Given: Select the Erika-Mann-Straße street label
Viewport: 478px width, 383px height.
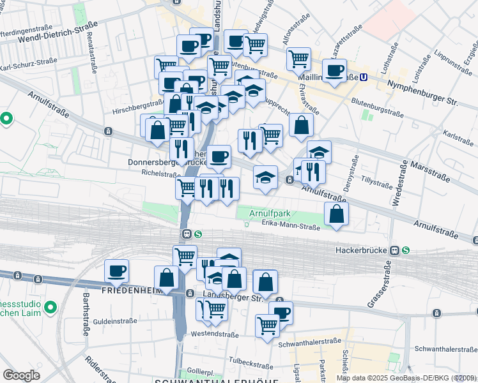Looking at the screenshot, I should (291, 223).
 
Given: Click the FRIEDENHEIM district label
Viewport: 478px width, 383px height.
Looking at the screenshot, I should (132, 290).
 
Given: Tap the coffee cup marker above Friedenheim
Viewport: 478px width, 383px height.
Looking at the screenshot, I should (116, 271).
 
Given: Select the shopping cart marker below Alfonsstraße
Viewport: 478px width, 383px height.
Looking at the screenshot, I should (298, 59).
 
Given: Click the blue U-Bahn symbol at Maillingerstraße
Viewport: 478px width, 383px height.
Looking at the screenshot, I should (364, 77).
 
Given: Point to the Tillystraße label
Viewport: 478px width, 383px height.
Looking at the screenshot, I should (376, 183).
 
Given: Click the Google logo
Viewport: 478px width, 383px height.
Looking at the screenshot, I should (21, 375).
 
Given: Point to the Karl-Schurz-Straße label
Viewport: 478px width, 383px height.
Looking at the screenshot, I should (28, 66).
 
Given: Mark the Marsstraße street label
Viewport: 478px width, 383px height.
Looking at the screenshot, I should (427, 172).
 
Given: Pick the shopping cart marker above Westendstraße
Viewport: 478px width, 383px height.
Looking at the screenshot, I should (268, 325).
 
